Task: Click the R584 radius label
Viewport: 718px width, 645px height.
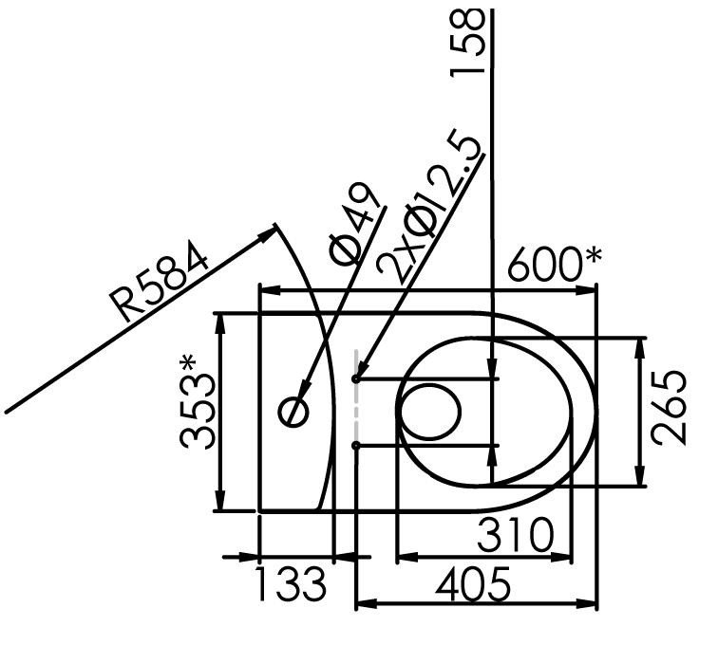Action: coord(158,283)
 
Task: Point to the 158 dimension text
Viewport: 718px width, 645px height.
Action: coord(467,43)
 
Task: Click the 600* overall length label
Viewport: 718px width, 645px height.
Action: coord(554,264)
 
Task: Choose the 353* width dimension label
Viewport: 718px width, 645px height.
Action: coord(197,402)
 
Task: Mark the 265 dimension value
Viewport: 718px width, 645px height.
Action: coord(669,408)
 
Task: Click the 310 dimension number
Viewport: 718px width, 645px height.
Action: coord(515,534)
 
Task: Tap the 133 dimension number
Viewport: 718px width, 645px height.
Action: coord(291,583)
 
